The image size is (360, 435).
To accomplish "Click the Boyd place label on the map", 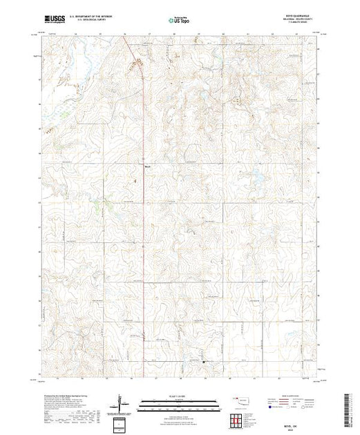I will coord(147,166).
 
